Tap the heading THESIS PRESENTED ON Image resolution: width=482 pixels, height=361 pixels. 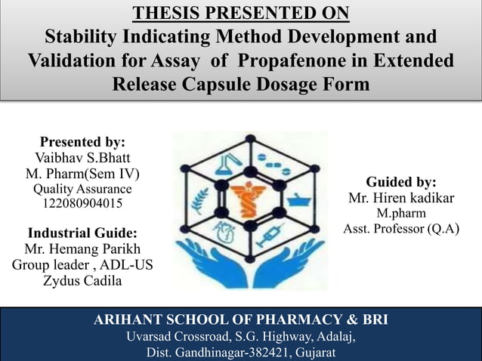click(x=241, y=13)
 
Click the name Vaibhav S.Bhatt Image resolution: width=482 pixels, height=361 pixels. click(x=82, y=158)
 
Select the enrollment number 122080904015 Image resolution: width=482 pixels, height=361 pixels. click(x=82, y=204)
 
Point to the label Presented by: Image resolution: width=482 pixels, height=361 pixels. click(x=82, y=142)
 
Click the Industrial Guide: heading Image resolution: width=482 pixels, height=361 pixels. click(x=82, y=232)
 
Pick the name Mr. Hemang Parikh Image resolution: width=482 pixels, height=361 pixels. click(x=82, y=248)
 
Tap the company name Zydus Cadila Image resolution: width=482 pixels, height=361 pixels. click(x=82, y=281)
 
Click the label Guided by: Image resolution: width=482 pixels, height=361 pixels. click(x=401, y=182)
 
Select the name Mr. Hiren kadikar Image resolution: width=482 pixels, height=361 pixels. click(x=401, y=199)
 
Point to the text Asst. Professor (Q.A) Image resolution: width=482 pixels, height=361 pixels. click(x=401, y=229)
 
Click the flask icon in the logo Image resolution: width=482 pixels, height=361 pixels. click(x=226, y=165)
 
